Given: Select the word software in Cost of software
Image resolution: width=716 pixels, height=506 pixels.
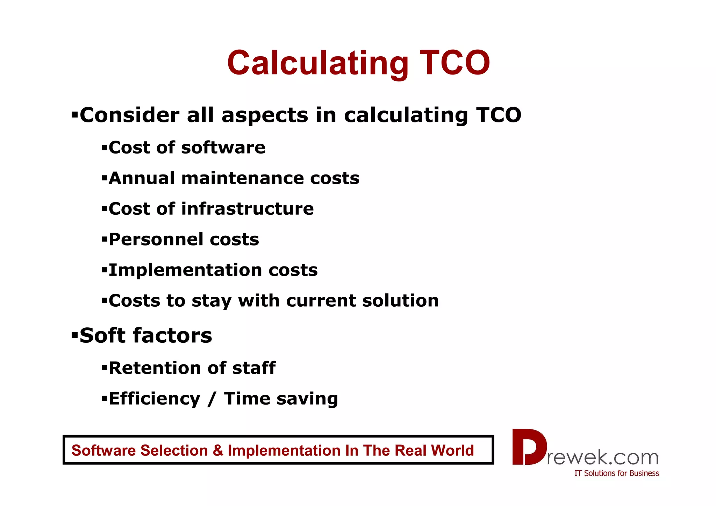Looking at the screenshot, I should coord(223,148).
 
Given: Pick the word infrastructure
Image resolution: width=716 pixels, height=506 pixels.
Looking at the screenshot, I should coord(247,209).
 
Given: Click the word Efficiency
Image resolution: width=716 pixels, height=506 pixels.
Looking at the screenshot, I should coord(155,399).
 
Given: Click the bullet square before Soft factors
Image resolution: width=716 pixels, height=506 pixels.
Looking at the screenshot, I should coord(74,335).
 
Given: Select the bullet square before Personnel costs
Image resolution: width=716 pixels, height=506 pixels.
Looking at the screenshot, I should coord(104,239).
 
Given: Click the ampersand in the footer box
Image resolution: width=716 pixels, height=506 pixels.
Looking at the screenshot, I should coord(218,450).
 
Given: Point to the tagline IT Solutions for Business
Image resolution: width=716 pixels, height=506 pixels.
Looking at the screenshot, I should coord(616,473).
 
